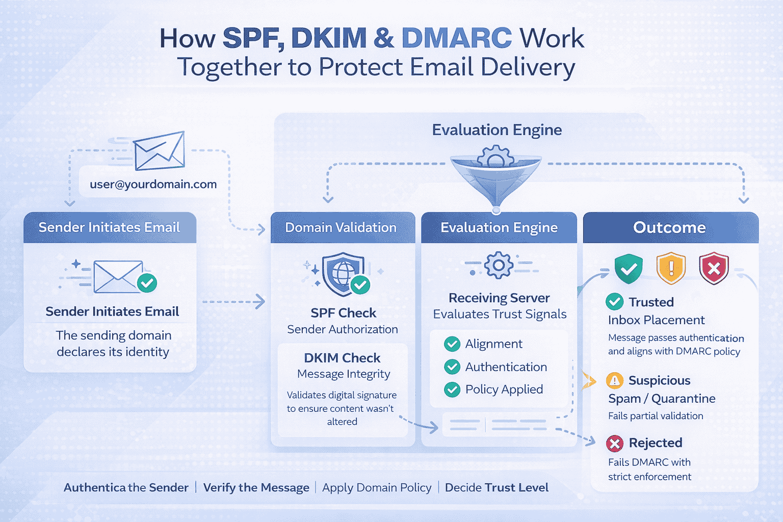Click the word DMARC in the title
[456, 38]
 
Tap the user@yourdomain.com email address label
[153, 184]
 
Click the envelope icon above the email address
[159, 151]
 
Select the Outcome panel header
[670, 227]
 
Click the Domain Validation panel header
[341, 227]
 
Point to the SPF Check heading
[343, 312]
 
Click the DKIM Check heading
[342, 358]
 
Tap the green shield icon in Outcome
[628, 268]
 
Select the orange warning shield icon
[671, 268]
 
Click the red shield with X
[714, 268]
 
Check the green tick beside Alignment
[452, 344]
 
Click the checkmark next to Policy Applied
[452, 389]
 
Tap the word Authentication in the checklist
[506, 367]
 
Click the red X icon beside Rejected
[615, 443]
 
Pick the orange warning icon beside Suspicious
[615, 381]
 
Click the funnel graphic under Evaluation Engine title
[496, 176]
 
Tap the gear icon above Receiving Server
[498, 265]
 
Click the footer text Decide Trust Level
[497, 487]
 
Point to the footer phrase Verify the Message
[256, 487]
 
